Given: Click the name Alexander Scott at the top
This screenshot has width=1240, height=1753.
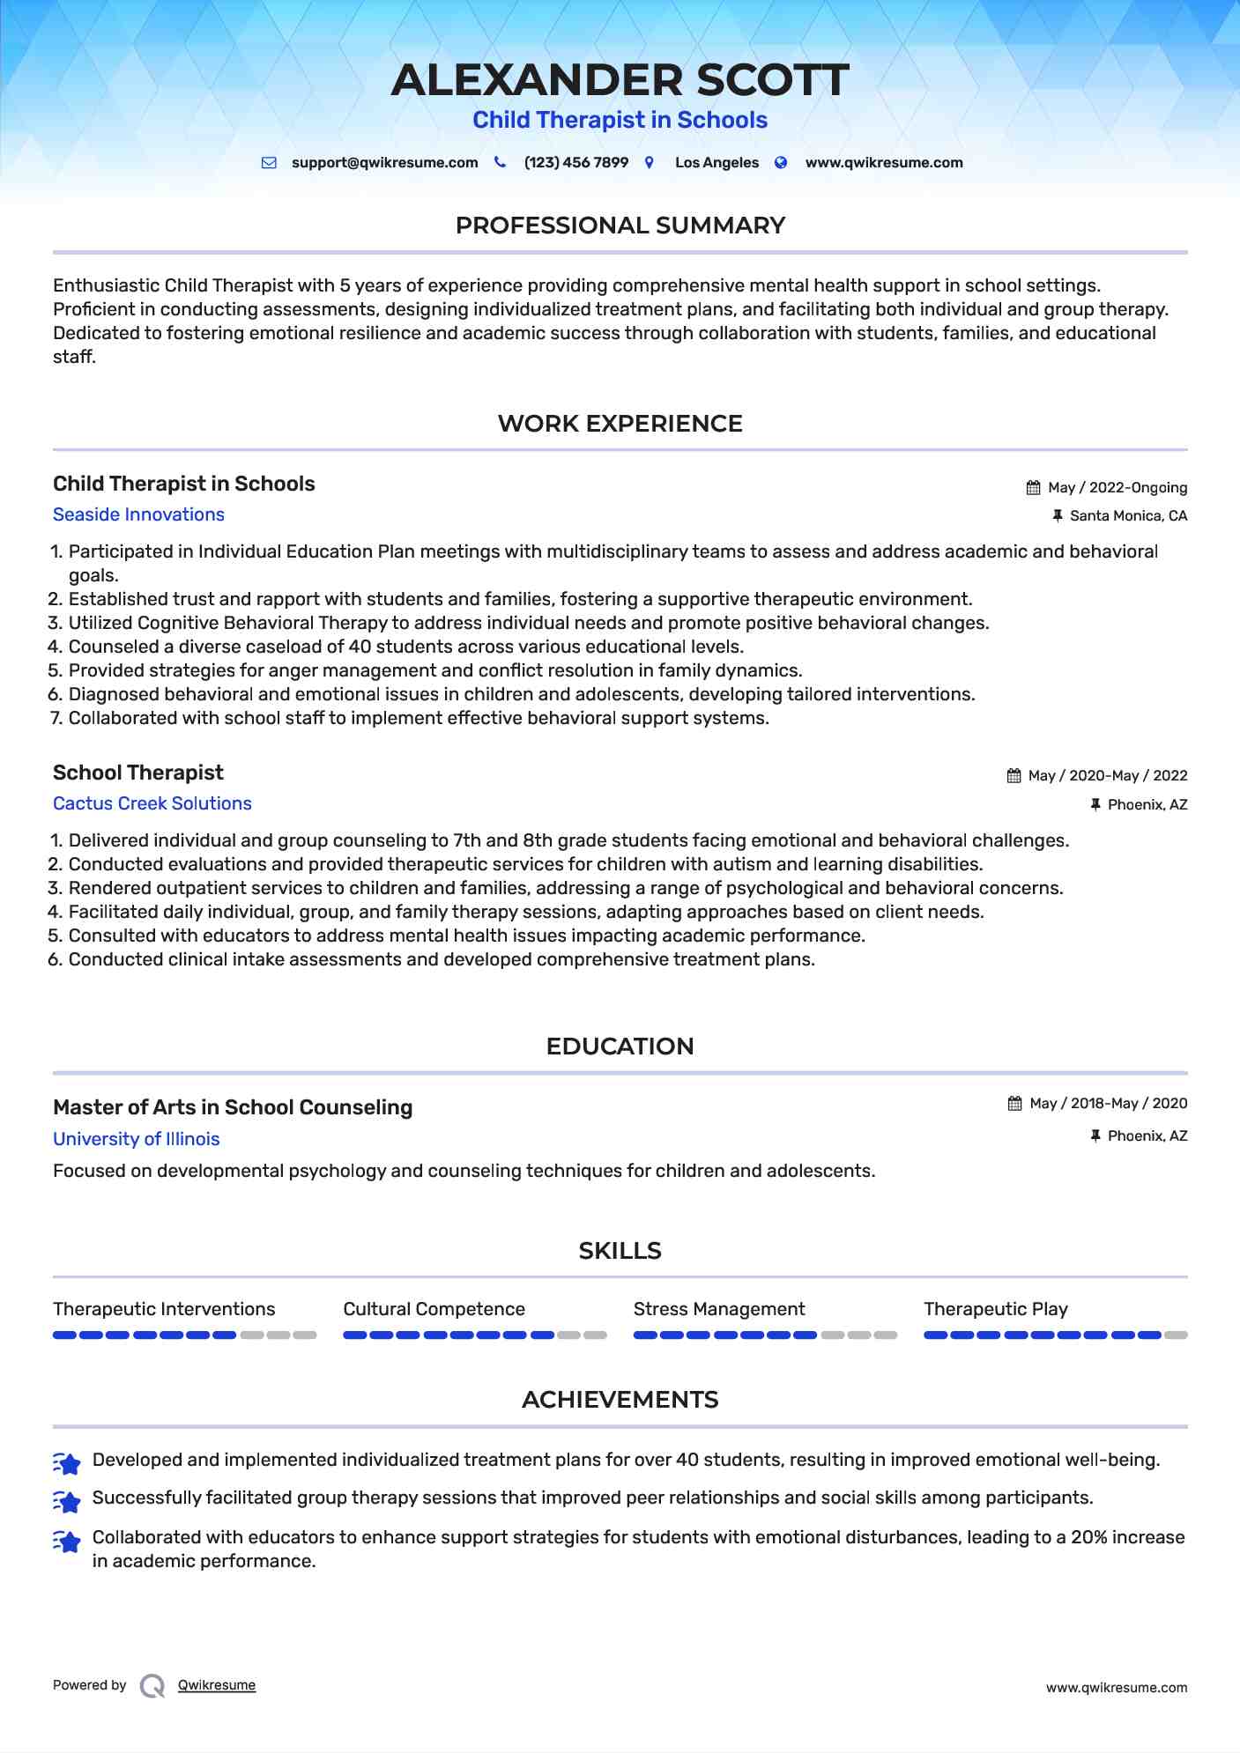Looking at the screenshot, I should tap(620, 80).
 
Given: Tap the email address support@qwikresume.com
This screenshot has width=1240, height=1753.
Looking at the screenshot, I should tap(384, 163).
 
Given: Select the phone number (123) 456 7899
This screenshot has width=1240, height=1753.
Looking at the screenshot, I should tap(575, 163).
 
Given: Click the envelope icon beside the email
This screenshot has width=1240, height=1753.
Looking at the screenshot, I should tap(269, 163).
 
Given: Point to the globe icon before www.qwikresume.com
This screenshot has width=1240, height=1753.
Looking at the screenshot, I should tap(781, 163).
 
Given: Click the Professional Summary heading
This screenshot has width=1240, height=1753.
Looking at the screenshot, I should tap(620, 226).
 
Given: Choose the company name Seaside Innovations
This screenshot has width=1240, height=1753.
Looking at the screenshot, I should tap(138, 514).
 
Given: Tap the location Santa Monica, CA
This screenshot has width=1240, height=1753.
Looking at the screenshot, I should tap(1128, 516).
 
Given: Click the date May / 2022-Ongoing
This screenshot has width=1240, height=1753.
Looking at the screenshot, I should tap(1117, 488).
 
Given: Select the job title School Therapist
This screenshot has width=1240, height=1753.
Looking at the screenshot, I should tap(138, 773).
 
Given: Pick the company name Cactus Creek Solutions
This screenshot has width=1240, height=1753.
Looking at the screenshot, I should tap(152, 803).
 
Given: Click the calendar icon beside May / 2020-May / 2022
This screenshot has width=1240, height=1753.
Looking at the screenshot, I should tap(1014, 776).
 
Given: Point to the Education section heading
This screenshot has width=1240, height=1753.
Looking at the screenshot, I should tap(620, 1047).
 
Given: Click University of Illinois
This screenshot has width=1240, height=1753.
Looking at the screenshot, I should tap(136, 1139).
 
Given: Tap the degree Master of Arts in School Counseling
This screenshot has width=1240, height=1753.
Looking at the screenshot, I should tap(233, 1107).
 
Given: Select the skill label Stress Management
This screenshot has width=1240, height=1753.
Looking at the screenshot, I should tap(719, 1309).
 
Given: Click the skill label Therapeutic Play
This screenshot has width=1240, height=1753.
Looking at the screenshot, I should tap(996, 1309).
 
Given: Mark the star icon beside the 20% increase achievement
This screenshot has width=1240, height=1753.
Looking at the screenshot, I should tap(67, 1542).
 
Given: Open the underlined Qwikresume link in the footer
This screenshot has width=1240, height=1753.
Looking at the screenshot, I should tap(217, 1685).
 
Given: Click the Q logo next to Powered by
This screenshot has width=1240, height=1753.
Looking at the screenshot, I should tap(152, 1686).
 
